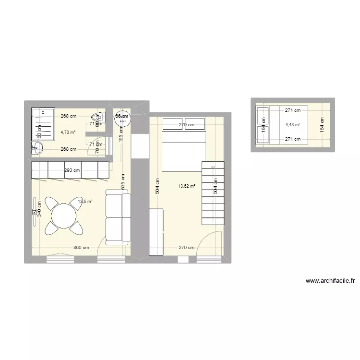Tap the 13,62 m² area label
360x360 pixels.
(187, 186)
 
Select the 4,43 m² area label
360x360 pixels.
(293, 125)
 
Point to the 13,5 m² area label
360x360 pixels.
(85, 202)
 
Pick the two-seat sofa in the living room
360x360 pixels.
(118, 217)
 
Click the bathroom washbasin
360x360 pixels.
(38, 149)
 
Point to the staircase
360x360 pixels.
(213, 193)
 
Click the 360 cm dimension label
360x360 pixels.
(81, 248)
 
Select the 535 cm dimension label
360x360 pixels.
(124, 182)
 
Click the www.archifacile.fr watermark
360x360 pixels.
(330, 281)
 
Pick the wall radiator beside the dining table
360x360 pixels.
(35, 211)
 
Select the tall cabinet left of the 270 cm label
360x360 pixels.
(156, 232)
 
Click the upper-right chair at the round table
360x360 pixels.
(75, 204)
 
